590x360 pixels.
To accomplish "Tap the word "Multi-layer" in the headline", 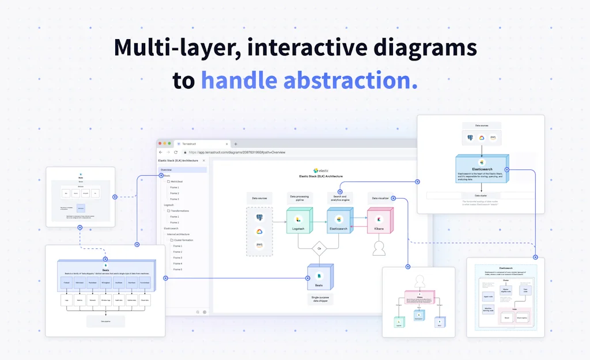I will click(176, 47).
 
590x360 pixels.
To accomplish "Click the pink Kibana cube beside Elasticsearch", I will click(379, 222).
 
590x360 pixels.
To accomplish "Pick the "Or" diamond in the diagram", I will click(319, 248).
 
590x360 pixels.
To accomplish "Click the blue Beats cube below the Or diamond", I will click(319, 278).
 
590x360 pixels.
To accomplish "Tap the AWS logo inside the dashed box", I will click(260, 245).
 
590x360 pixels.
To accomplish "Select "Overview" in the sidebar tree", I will click(167, 170).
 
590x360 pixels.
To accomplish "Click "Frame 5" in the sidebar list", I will click(177, 270).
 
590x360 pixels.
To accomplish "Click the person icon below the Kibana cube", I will click(379, 248).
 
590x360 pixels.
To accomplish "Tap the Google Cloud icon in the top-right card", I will click(481, 138).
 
